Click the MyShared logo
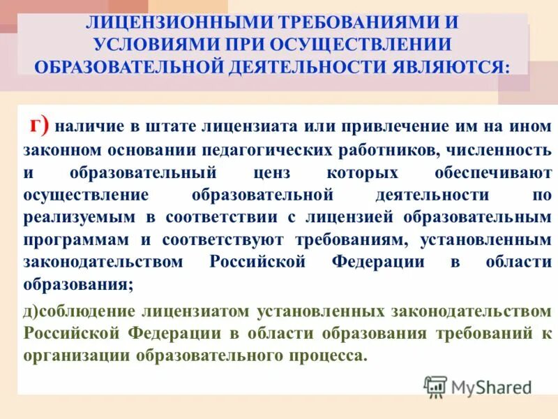[x=478, y=386]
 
